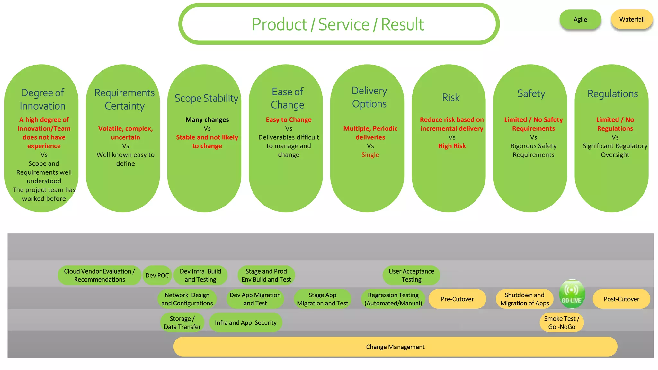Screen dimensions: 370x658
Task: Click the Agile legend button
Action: point(580,20)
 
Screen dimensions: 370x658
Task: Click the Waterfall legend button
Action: point(632,20)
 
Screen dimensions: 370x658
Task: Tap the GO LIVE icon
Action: point(572,294)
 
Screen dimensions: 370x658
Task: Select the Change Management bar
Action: point(395,347)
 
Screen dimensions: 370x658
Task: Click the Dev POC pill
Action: point(157,275)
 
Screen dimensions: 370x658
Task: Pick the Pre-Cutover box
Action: point(457,299)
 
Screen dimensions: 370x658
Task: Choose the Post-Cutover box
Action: point(621,299)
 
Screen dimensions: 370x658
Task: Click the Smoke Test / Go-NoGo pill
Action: point(562,322)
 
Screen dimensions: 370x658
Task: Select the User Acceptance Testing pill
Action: point(411,275)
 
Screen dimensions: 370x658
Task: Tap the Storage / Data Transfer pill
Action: point(182,322)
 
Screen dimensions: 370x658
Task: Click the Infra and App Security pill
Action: point(245,323)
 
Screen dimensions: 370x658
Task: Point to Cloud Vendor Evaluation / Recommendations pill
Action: point(99,275)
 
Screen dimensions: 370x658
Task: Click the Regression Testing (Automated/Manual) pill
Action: point(393,299)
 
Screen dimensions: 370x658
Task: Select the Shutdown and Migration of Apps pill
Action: point(524,299)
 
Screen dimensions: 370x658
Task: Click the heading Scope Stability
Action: point(206,98)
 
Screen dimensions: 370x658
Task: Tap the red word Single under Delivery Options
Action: point(370,155)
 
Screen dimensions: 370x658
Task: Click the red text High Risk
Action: point(452,146)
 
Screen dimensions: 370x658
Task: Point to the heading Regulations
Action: point(612,94)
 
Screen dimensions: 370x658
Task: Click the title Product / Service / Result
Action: point(338,24)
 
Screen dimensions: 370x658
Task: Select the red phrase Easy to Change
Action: point(289,120)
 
